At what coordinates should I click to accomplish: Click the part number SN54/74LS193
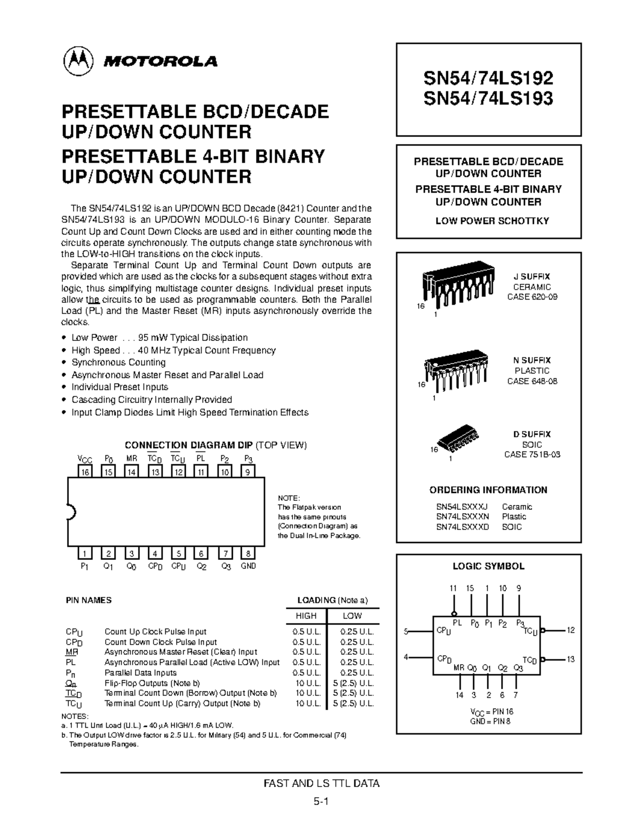click(x=488, y=98)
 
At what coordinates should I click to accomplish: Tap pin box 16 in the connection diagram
click(x=85, y=472)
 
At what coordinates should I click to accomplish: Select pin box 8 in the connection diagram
click(x=248, y=554)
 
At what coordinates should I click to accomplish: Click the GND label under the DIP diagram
click(x=248, y=566)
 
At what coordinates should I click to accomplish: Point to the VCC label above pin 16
click(x=85, y=459)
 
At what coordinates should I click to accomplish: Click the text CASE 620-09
click(x=532, y=297)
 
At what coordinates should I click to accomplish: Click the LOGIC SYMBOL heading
click(x=488, y=566)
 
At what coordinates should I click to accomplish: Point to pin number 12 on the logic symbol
click(x=570, y=630)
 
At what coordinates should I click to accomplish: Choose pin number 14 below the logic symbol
click(x=459, y=695)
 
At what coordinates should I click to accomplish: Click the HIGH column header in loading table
click(x=306, y=616)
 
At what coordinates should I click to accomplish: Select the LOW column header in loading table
click(x=352, y=616)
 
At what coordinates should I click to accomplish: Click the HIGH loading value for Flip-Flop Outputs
click(x=307, y=683)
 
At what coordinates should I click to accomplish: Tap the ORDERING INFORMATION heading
click(x=488, y=490)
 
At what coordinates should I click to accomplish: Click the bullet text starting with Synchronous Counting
click(x=119, y=363)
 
